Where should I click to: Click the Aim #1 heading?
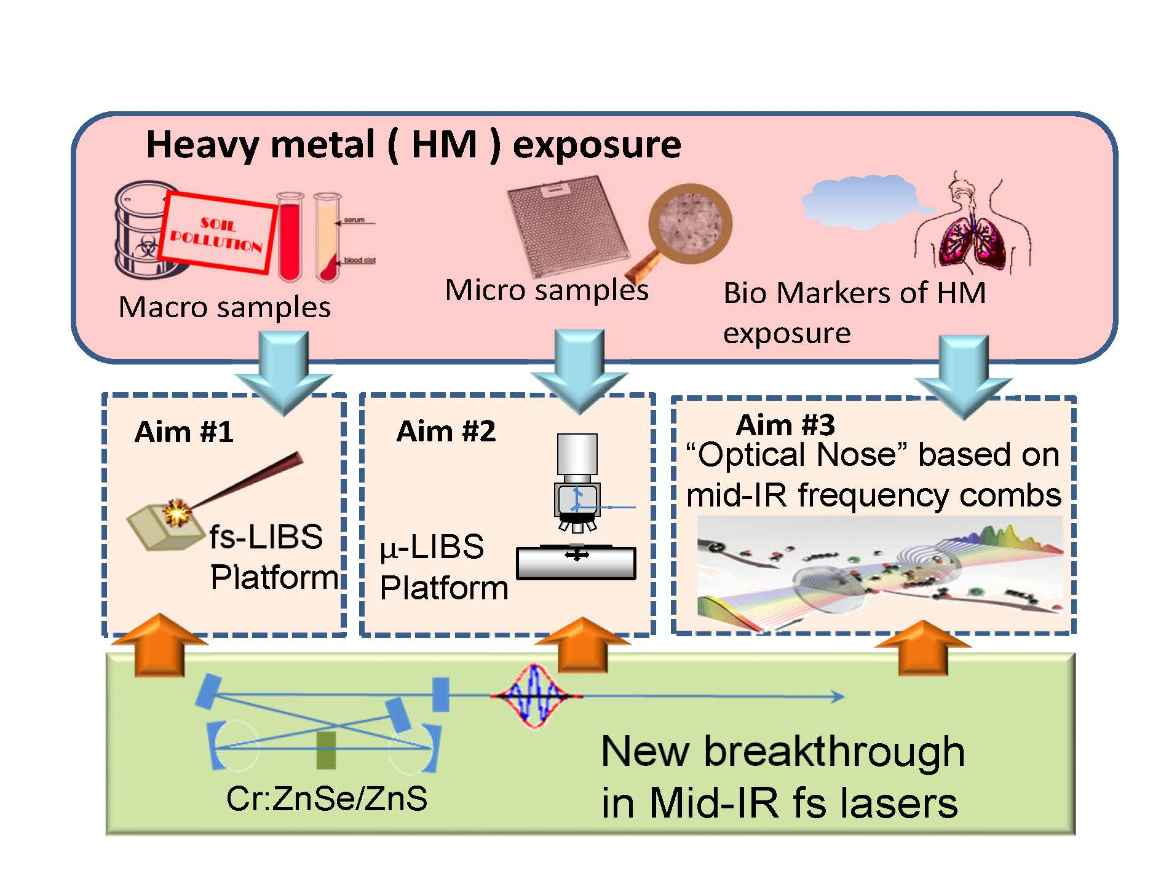(x=184, y=432)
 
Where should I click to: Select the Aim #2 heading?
(x=446, y=431)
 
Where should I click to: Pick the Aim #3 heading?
(x=785, y=425)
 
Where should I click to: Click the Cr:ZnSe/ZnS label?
(x=327, y=798)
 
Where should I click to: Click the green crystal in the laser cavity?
(x=326, y=750)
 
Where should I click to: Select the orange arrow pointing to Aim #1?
(x=159, y=645)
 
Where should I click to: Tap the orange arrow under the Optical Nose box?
(x=922, y=649)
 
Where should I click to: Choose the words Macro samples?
(x=225, y=307)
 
